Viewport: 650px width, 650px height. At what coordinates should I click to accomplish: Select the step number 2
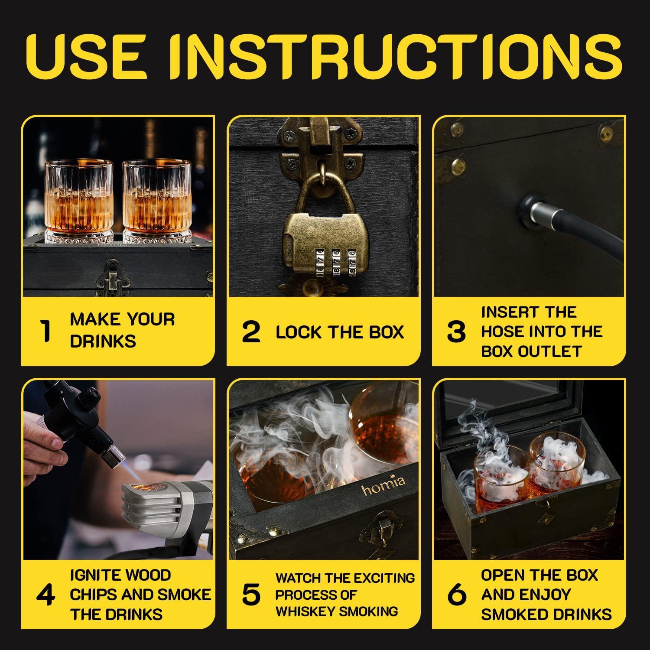251,332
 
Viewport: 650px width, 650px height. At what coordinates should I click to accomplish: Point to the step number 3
456,332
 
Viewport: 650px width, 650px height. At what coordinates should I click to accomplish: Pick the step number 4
45,595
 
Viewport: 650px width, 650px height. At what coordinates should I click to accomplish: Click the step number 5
251,595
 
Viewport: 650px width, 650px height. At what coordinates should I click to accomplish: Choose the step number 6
456,595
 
